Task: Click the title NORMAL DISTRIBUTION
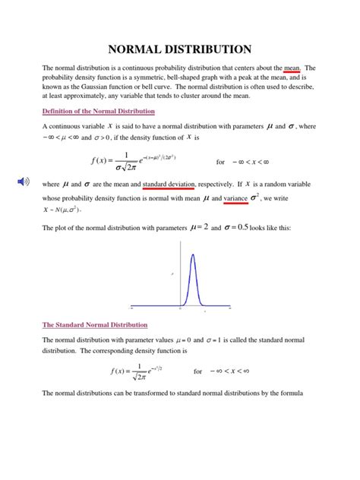click(180, 49)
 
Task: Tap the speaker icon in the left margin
click(25, 181)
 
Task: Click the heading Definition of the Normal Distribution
click(98, 110)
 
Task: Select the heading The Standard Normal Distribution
click(95, 324)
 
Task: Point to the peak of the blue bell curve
click(192, 254)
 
